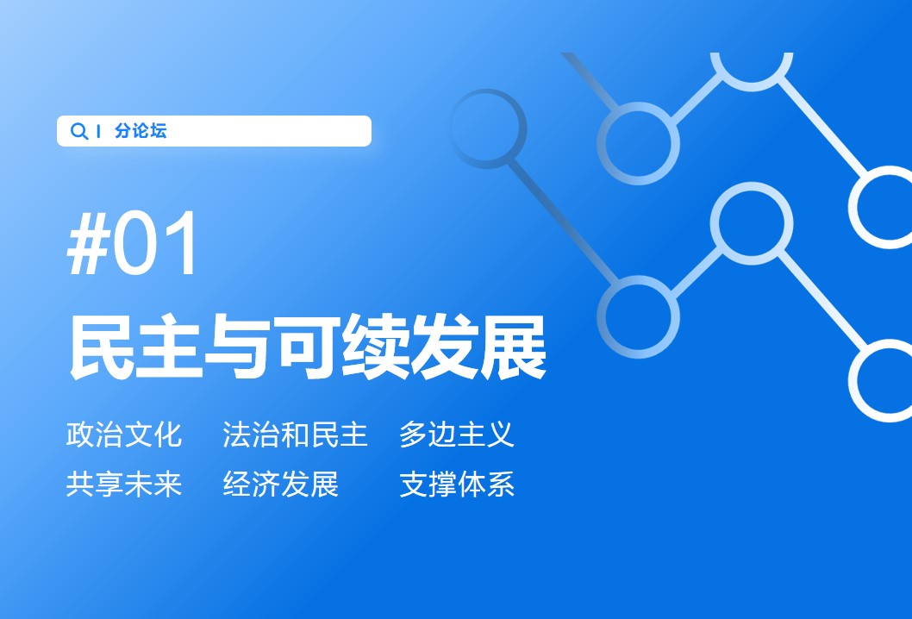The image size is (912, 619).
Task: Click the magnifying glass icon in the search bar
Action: tap(78, 131)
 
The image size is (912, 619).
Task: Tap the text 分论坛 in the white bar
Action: tap(141, 131)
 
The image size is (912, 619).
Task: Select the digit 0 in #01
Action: tap(135, 243)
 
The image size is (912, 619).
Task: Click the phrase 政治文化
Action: tap(124, 435)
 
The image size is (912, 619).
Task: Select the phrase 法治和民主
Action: tap(295, 435)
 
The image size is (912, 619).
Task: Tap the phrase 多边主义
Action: tap(457, 435)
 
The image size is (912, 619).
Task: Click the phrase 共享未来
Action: tap(124, 484)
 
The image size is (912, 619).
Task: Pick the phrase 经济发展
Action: tap(280, 484)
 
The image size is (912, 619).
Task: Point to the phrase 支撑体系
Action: tap(457, 484)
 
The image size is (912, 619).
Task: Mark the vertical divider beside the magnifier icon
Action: tap(98, 132)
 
